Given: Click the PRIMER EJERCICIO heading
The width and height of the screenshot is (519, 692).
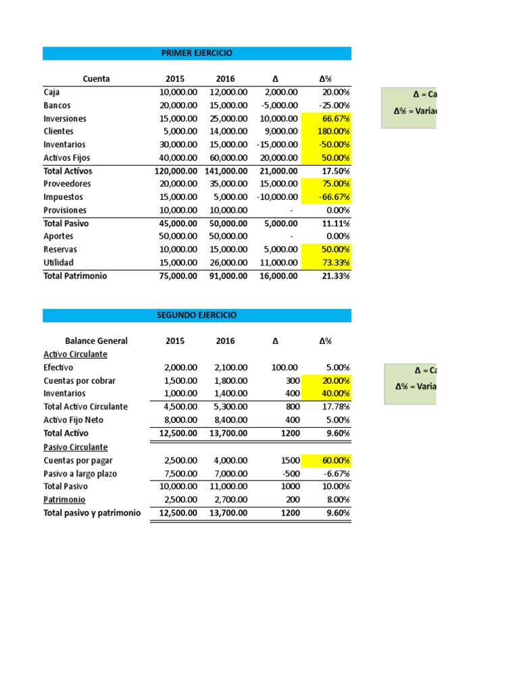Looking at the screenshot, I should pos(197,53).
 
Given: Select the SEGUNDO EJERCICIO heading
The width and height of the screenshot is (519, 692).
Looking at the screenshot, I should pos(197,316).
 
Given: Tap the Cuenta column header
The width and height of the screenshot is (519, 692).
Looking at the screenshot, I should pos(96,79).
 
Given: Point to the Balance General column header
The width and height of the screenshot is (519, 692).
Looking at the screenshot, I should pos(96,341).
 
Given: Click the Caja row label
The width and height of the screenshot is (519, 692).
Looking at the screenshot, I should pos(52,92).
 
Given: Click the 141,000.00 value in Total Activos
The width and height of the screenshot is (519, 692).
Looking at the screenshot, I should pos(226,171).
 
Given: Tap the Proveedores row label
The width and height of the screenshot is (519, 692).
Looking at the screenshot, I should pos(67,184).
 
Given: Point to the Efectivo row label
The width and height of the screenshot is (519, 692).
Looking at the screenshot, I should pos(59,368).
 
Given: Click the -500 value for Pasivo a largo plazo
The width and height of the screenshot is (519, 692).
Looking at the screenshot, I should pos(288,474).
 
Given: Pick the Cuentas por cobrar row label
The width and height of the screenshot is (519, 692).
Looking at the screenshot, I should pos(79,380).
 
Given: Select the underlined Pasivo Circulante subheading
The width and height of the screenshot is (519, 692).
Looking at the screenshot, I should pos(75,447).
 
